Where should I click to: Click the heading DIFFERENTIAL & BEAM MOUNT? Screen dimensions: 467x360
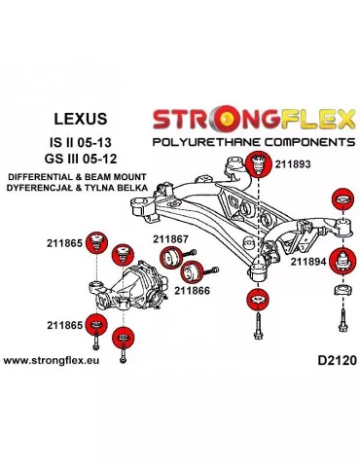74,175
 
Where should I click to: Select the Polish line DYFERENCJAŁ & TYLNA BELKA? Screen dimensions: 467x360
74,188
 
